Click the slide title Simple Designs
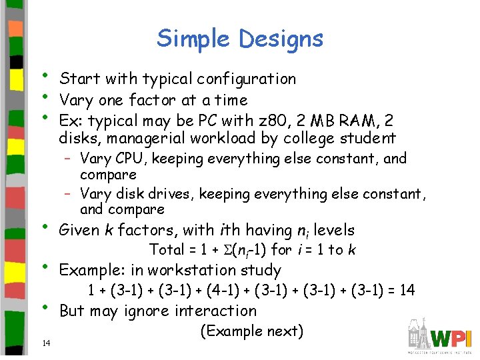pos(240,39)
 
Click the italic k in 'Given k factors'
pos(108,231)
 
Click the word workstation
pos(199,271)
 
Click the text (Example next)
pos(251,331)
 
